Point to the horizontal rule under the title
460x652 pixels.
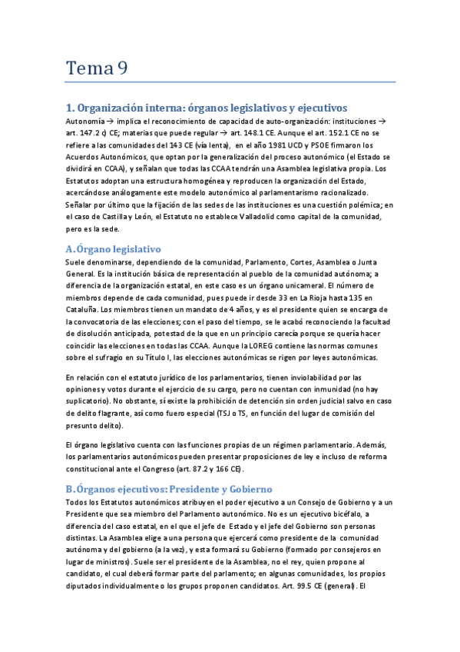coord(230,82)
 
